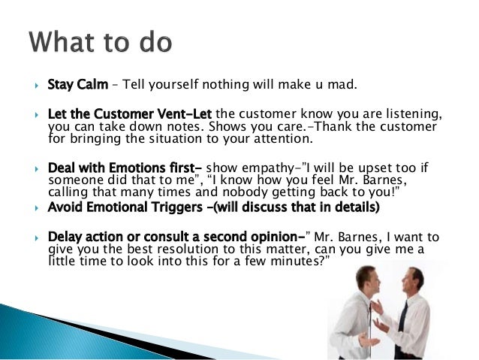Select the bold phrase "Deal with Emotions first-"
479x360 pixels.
point(125,167)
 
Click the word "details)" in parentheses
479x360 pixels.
point(353,207)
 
